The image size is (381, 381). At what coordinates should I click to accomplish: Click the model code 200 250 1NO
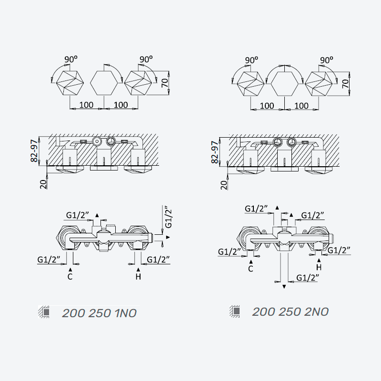[x=99, y=313]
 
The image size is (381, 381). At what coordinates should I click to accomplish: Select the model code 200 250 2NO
[x=291, y=312]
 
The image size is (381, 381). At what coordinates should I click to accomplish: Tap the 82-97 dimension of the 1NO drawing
[x=34, y=150]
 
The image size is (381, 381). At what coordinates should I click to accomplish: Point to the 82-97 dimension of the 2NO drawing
[x=215, y=152]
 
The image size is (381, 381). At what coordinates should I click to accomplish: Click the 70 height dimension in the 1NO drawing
[x=165, y=83]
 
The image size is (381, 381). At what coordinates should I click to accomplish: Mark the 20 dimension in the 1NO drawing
[x=43, y=184]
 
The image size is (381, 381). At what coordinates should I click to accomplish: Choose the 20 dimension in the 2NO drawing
[x=224, y=185]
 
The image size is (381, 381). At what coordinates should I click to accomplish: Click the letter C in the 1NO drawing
[x=70, y=277]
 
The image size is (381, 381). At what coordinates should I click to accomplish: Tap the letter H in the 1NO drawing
[x=138, y=277]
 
